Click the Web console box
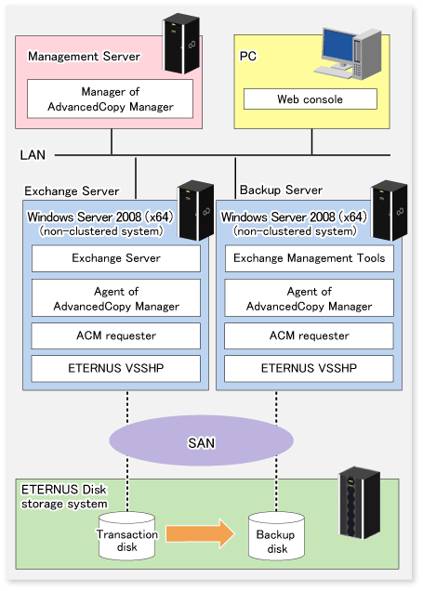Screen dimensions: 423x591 tap(311, 99)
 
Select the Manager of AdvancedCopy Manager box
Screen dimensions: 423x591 tap(110, 98)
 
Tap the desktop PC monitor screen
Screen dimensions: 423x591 tap(338, 46)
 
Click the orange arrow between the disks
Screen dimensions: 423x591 tap(200, 533)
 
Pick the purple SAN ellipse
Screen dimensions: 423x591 tap(202, 440)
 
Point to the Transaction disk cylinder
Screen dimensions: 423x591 tap(127, 536)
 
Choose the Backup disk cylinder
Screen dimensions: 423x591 tap(276, 536)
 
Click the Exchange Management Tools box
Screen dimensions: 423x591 tap(310, 258)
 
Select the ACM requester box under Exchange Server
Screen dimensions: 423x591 tap(116, 335)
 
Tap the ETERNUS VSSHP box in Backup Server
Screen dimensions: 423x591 tap(309, 368)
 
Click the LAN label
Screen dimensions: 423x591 tap(33, 155)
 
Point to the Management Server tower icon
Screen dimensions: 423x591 tap(181, 44)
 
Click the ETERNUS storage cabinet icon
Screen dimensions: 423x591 tap(359, 503)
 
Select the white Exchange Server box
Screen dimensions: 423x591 tap(116, 258)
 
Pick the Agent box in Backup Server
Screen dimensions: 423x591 tap(310, 298)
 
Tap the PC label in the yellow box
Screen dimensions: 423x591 tap(248, 56)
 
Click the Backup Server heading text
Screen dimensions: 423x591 tap(282, 190)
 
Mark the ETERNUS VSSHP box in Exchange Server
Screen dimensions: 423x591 tap(116, 368)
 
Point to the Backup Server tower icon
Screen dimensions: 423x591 tap(390, 210)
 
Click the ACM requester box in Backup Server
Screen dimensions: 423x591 tap(309, 335)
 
